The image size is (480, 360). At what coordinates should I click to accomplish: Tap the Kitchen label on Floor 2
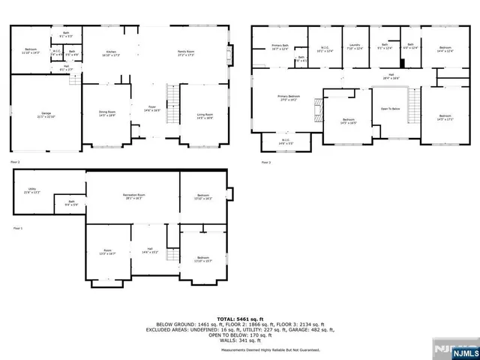coord(110,53)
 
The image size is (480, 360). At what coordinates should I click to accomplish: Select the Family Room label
coord(186,53)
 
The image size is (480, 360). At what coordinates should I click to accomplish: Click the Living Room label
coord(205,115)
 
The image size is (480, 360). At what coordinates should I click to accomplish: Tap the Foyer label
coord(151,108)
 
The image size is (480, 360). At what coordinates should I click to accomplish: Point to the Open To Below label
coord(391,108)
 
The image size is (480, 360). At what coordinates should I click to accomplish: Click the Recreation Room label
coord(133,196)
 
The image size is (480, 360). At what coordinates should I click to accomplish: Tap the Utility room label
coord(33,190)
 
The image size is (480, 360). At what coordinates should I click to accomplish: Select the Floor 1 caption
coord(17,228)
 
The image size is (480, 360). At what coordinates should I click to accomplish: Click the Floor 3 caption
coord(265,162)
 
